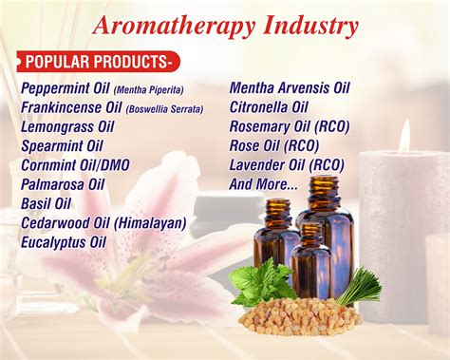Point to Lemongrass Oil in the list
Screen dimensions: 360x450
coord(69,127)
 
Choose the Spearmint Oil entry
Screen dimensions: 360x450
coord(63,146)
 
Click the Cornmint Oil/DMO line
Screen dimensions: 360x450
coord(76,165)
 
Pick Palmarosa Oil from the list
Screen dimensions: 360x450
coord(65,184)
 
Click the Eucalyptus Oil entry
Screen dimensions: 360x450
coord(65,242)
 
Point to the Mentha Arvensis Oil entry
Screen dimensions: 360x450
coord(290,88)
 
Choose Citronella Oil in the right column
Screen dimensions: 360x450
coord(270,107)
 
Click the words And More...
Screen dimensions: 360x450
coord(264,183)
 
